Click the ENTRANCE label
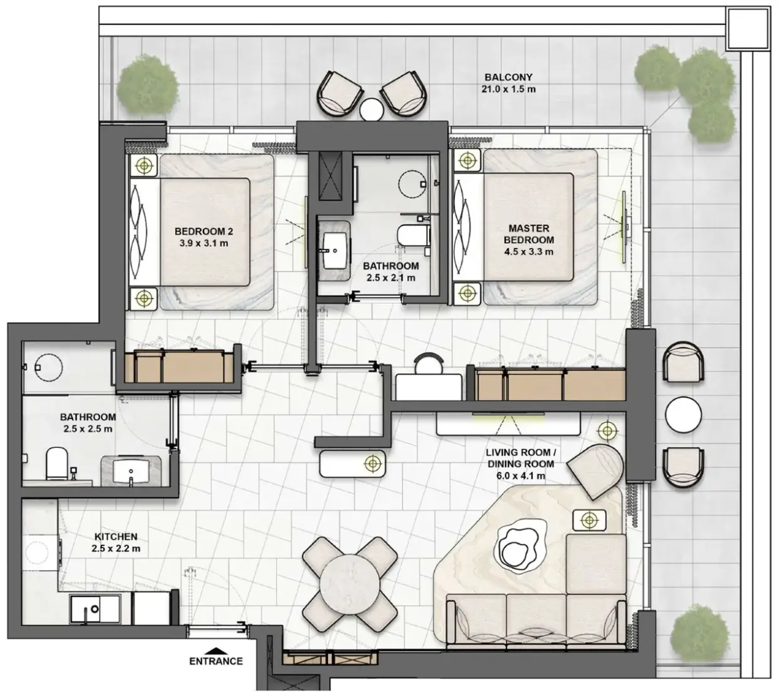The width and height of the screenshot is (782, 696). [216, 661]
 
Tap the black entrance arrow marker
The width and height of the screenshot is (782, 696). [216, 650]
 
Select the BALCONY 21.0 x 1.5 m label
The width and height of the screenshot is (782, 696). [508, 83]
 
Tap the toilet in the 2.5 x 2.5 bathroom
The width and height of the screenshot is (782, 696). [56, 463]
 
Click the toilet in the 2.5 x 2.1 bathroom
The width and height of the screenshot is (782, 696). [414, 235]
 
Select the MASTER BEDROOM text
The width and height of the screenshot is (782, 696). [528, 234]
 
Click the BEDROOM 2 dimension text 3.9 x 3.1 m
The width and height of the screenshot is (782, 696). [203, 243]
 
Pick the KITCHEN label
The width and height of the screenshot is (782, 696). [116, 536]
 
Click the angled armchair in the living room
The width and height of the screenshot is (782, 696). [594, 471]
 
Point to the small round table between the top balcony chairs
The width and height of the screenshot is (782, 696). [371, 109]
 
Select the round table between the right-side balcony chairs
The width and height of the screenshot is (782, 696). [683, 414]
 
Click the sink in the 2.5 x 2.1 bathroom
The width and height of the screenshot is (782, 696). [334, 251]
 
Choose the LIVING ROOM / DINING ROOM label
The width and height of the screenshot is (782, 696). [520, 464]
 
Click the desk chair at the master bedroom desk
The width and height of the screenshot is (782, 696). [429, 363]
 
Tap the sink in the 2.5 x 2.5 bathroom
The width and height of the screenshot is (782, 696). [131, 471]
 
